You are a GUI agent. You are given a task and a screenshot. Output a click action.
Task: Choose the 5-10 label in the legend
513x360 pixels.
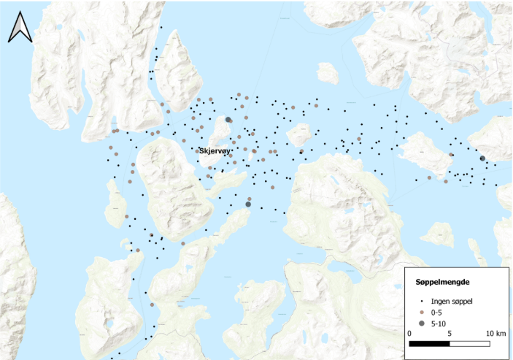pos(439,323)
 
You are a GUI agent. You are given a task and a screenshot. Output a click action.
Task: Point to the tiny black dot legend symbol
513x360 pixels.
pos(421,299)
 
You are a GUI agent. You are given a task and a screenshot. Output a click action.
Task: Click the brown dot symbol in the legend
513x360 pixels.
pos(421,311)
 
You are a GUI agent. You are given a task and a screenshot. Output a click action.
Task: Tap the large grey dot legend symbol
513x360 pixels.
pos(421,323)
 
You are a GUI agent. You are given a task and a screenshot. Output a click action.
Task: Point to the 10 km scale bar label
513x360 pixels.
pos(495,334)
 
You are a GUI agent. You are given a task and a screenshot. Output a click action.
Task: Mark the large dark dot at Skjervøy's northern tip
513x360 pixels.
pos(228,120)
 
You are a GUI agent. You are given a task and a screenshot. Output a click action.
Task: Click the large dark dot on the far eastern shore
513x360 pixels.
pos(482,158)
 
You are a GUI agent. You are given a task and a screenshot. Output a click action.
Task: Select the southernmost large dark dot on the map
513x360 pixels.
pos(248,204)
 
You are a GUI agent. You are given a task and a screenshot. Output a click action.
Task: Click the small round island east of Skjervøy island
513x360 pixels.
pos(298,135)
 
